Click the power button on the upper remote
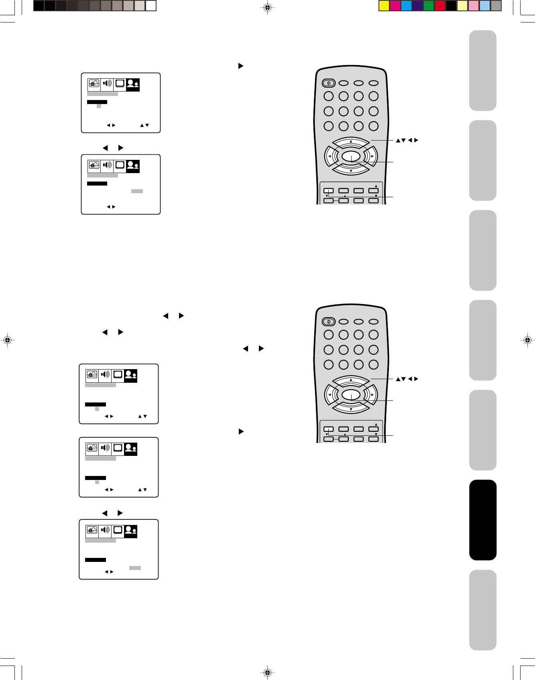pyautogui.click(x=328, y=83)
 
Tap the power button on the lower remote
pyautogui.click(x=328, y=322)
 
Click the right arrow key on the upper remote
pyautogui.click(x=371, y=156)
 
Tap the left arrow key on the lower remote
pyautogui.click(x=331, y=394)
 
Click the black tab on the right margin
pyautogui.click(x=483, y=520)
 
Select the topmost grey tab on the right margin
pyautogui.click(x=483, y=70)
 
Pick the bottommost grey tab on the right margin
pyautogui.click(x=483, y=610)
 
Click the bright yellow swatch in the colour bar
pyautogui.click(x=384, y=6)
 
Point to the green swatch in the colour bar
pyautogui.click(x=429, y=6)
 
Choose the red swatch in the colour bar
pyautogui.click(x=440, y=6)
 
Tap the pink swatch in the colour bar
pyautogui.click(x=474, y=6)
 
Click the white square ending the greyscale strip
pyautogui.click(x=151, y=6)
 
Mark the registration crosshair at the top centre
pyautogui.click(x=267, y=7)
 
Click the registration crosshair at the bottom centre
pyautogui.click(x=267, y=672)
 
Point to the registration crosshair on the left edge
pyautogui.click(x=7, y=340)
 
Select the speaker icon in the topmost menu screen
pyautogui.click(x=107, y=84)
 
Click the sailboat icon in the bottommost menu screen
pyautogui.click(x=92, y=531)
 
